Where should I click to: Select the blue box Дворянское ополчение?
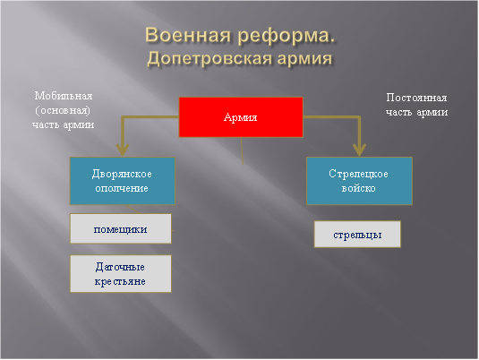pos(122,181)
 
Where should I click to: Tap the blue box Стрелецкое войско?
pos(358,181)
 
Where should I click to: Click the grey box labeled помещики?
pos(120,228)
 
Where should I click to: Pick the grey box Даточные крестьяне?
pos(120,274)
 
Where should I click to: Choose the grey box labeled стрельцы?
pos(356,234)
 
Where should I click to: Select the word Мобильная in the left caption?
pos(64,95)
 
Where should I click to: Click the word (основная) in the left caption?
pos(64,109)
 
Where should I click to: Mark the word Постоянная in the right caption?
pos(416,98)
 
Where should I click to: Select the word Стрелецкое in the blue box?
pos(358,174)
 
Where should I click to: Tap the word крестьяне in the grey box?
pos(120,281)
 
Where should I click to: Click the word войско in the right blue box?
pos(358,189)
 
